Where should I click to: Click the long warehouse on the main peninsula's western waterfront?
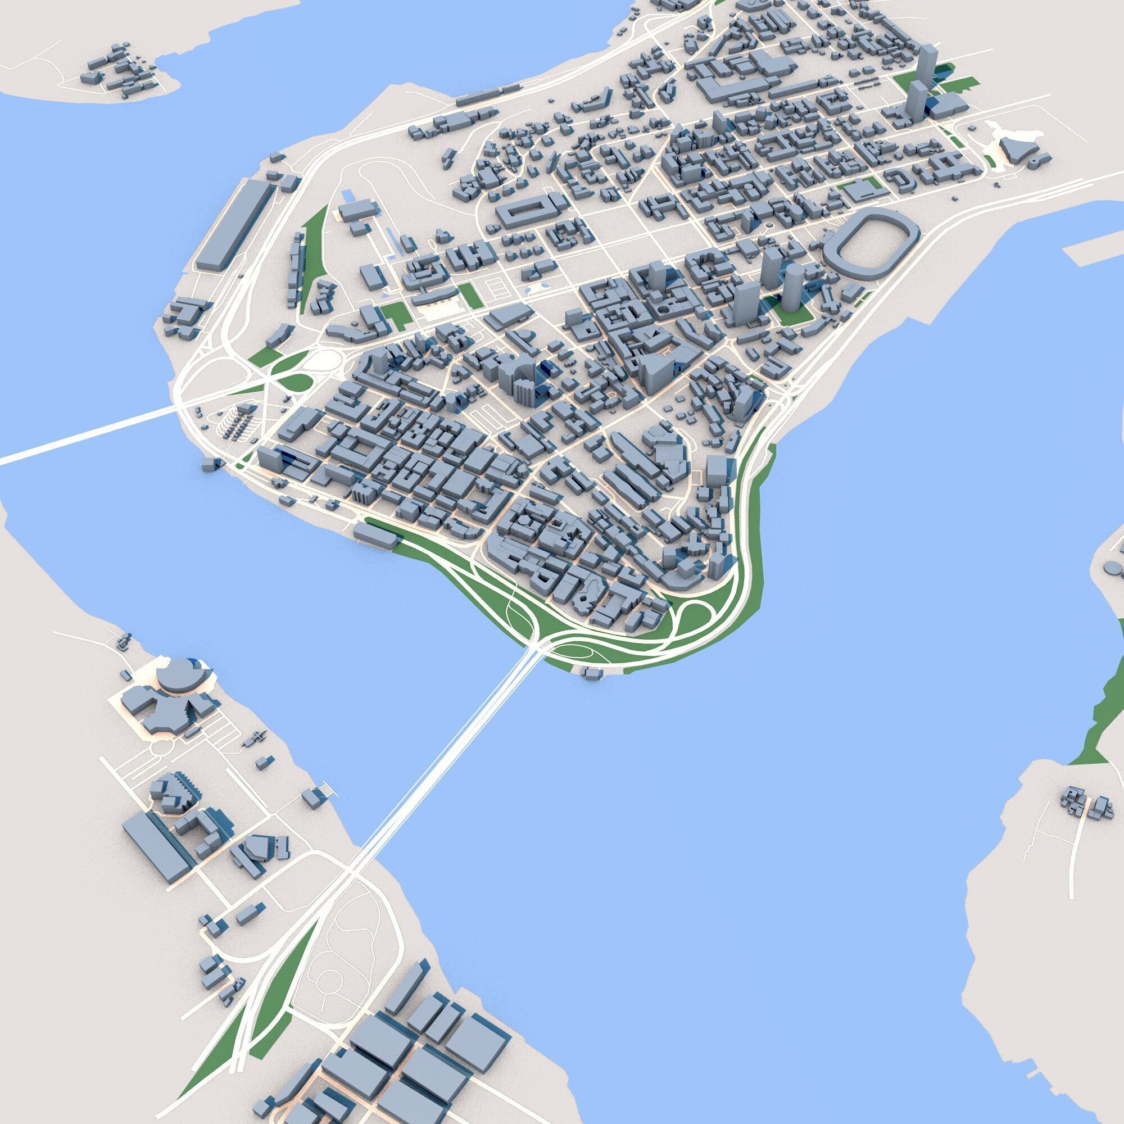point(233,224)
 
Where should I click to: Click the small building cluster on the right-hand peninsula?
point(1084,805)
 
